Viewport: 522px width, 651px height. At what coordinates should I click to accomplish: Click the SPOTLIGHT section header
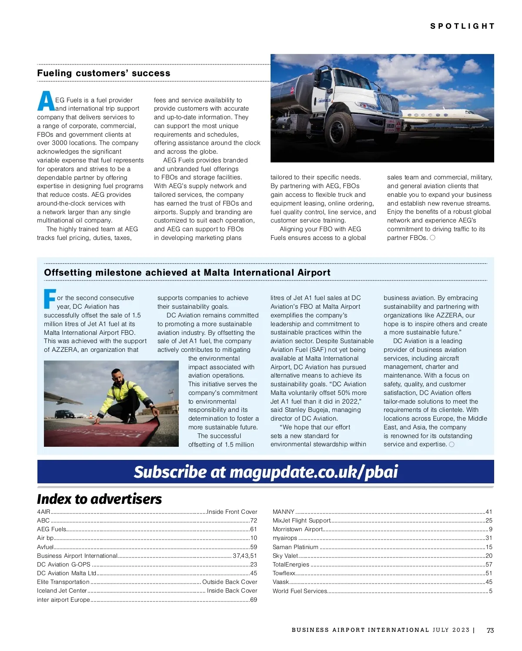click(462, 26)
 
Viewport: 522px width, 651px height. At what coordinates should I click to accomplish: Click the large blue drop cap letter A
click(45, 101)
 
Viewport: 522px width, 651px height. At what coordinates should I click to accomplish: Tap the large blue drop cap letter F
click(50, 299)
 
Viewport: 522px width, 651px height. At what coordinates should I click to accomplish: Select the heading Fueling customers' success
click(104, 73)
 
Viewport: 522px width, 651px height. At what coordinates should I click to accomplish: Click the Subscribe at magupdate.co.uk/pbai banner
click(265, 472)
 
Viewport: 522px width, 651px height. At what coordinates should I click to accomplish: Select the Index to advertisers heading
click(99, 499)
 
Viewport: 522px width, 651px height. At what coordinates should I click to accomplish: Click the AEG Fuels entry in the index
click(52, 530)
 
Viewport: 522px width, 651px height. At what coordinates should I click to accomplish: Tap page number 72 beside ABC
click(253, 520)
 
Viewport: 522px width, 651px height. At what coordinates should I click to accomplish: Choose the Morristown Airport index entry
click(298, 530)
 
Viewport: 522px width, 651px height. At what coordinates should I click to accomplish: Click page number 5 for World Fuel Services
click(490, 591)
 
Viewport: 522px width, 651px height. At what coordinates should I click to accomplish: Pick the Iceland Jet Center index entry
click(62, 591)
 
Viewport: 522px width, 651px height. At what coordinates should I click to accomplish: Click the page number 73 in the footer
click(490, 630)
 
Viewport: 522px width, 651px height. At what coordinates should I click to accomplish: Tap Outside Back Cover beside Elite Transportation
click(230, 582)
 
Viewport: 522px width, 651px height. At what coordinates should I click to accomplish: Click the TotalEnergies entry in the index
click(291, 564)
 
